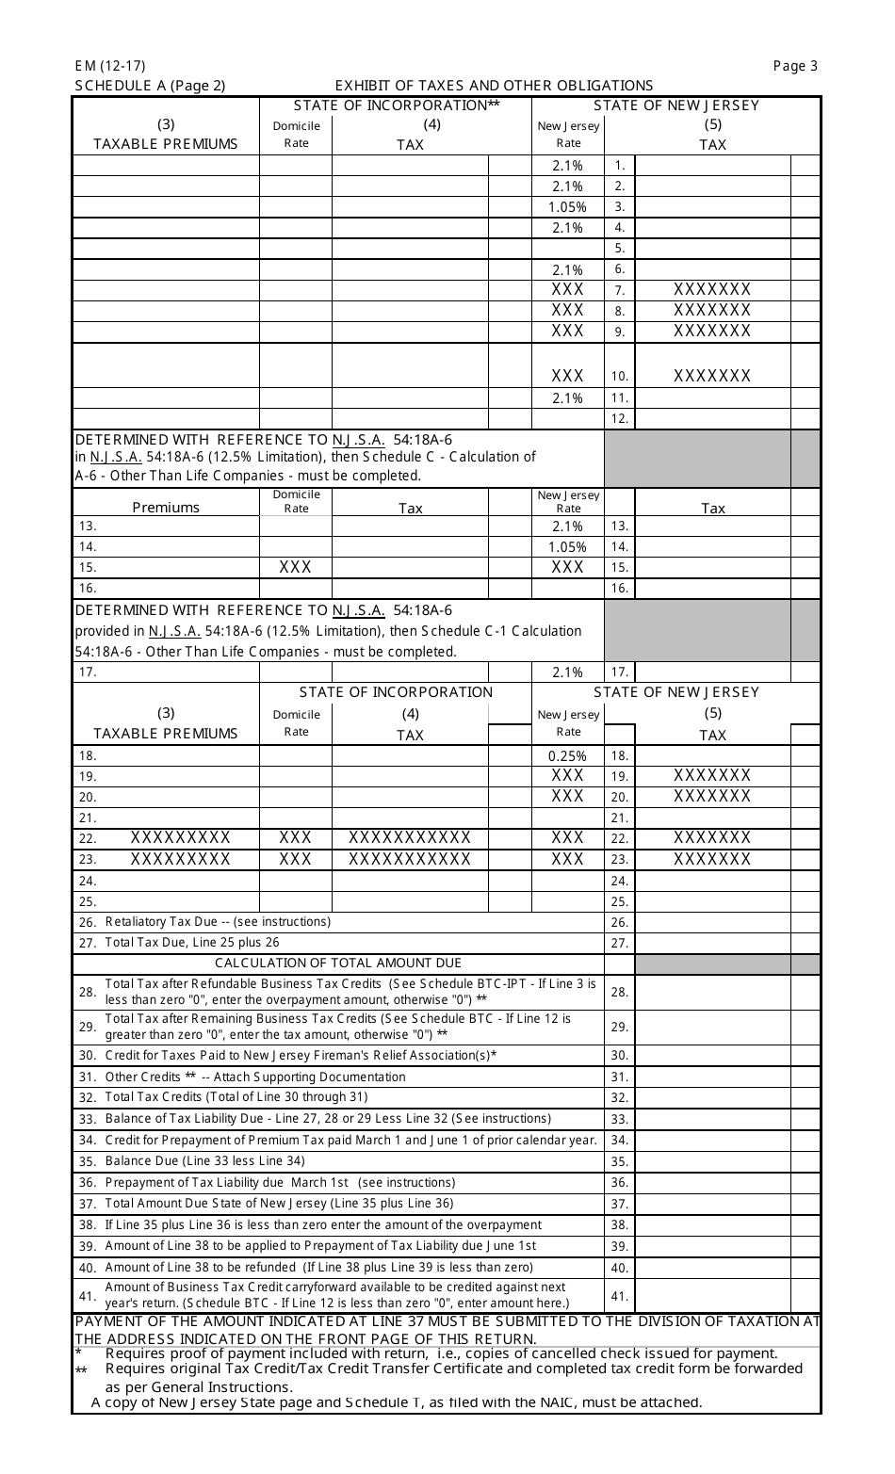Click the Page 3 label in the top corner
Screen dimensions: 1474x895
coord(795,66)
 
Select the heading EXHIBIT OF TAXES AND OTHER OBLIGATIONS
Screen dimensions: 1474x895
coord(494,86)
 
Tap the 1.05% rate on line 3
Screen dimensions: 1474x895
coord(567,207)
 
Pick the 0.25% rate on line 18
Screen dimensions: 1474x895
coord(567,755)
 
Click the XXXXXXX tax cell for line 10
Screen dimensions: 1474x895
coord(712,377)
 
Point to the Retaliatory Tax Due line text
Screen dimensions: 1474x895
coord(218,922)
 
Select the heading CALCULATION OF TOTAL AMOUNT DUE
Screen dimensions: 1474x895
coord(338,963)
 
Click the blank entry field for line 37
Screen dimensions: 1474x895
coord(712,1204)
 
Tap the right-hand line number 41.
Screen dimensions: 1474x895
coord(619,1296)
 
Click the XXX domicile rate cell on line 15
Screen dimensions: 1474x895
coord(296,567)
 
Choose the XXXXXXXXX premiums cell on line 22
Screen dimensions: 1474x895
coord(180,837)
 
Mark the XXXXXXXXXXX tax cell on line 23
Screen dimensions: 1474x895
coord(410,859)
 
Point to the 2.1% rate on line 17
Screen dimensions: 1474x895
coord(567,672)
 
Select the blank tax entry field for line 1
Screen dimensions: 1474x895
coord(712,166)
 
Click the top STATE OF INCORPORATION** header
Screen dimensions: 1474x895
coord(396,105)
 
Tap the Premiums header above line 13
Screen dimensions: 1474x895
coord(166,508)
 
